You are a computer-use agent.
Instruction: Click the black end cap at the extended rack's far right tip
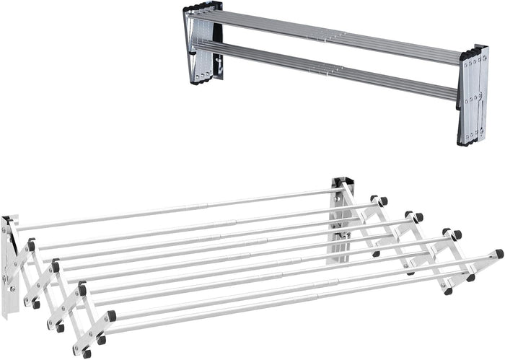499,254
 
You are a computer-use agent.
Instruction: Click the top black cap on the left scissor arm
31,245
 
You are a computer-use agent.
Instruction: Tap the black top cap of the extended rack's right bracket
339,181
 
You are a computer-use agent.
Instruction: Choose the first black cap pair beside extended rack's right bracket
379,201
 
